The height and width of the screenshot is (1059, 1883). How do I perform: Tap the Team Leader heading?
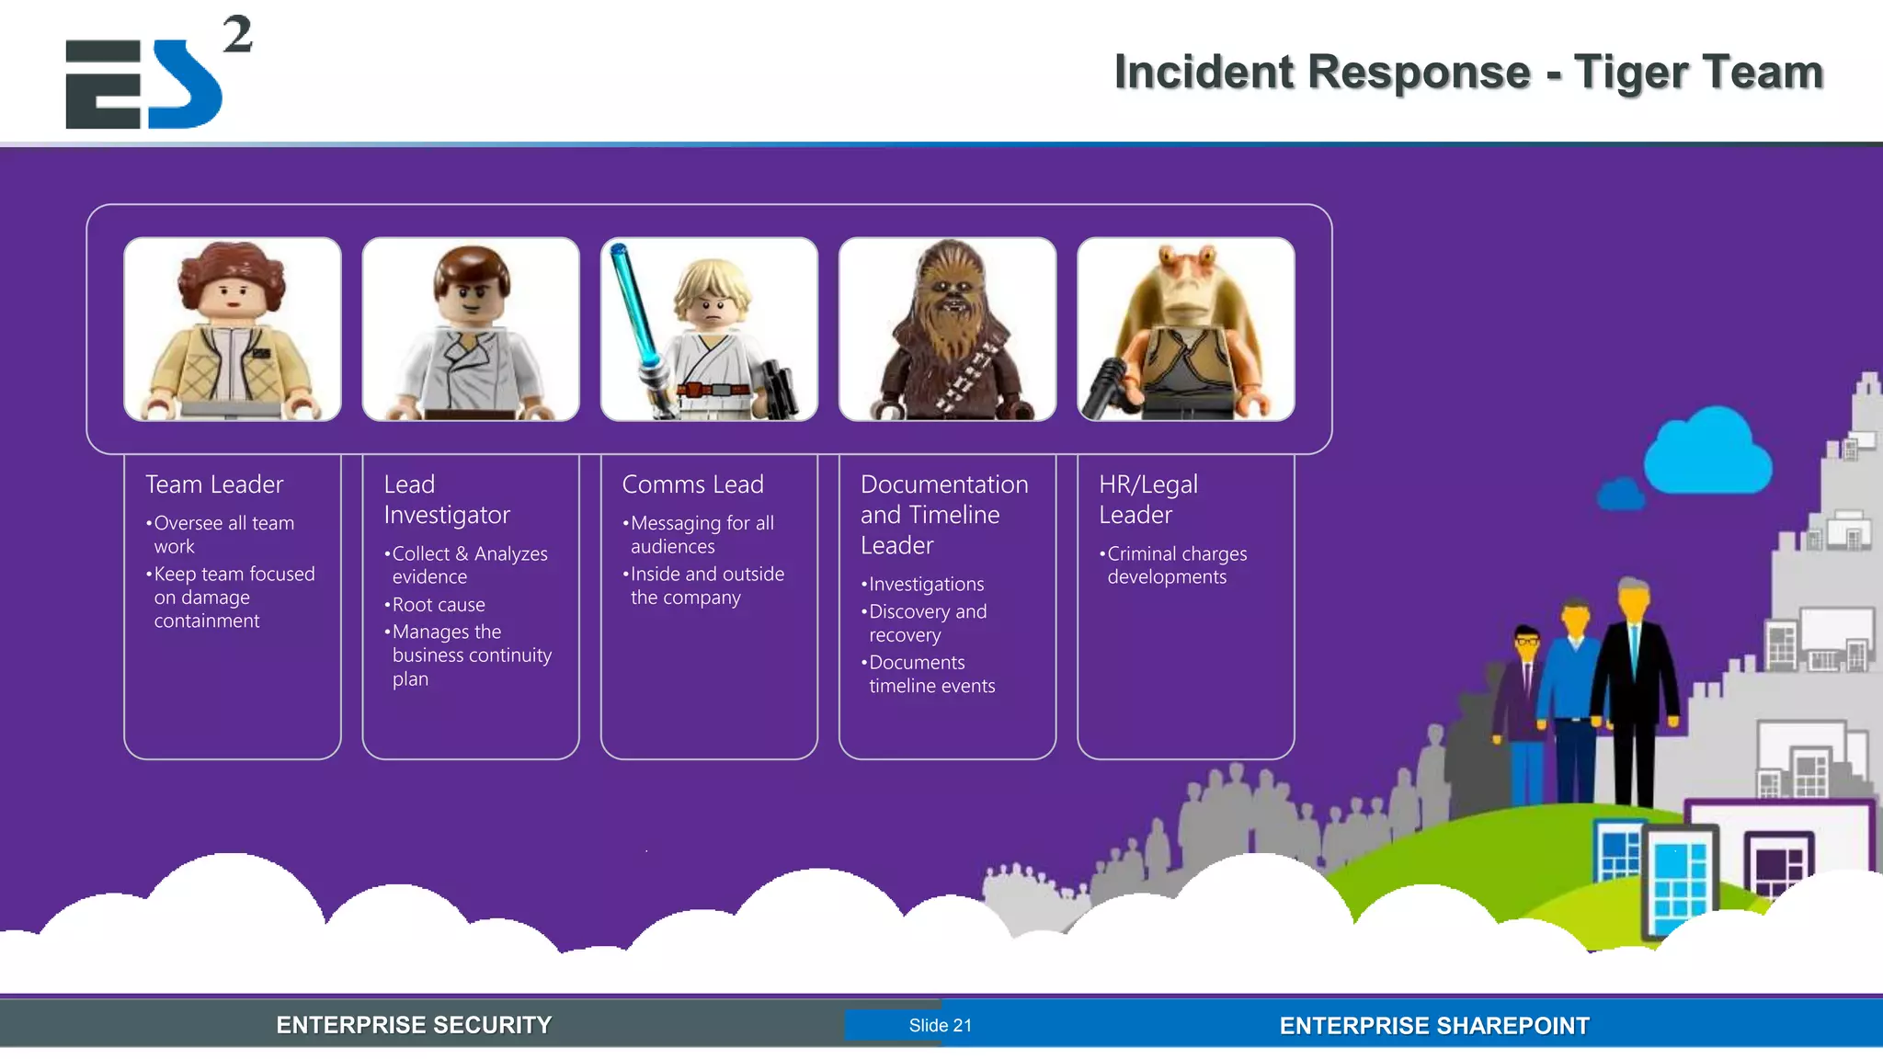pos(214,484)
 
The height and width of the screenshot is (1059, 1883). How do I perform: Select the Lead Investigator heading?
pos(446,499)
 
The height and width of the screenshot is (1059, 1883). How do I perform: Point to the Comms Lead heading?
pos(692,484)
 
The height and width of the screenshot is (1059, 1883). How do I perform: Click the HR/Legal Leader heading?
pos(1147,499)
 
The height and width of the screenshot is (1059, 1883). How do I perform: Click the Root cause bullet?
pos(438,605)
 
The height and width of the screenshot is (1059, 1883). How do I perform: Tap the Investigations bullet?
pos(925,585)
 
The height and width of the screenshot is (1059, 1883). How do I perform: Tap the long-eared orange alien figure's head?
pos(1186,285)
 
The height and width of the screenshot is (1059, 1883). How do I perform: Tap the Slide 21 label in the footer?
pos(940,1026)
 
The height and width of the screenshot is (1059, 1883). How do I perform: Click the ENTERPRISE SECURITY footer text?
pos(414,1025)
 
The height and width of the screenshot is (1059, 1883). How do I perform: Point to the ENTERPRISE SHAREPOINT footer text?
pos(1434,1026)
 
